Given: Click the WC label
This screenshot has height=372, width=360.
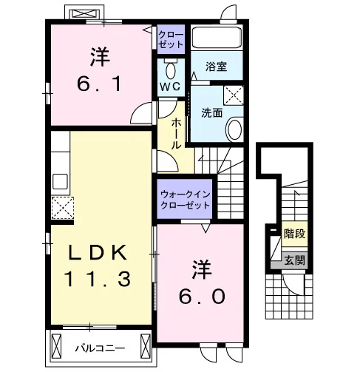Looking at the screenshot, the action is (x=171, y=87).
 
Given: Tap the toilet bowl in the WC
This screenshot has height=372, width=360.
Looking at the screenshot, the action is (x=170, y=70).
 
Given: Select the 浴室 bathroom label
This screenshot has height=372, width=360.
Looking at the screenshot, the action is (x=216, y=67).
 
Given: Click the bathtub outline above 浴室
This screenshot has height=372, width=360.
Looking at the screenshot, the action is (x=217, y=38).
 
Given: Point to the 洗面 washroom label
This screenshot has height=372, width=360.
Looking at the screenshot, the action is (x=212, y=112).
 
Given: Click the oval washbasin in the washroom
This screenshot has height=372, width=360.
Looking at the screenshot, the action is (x=234, y=129).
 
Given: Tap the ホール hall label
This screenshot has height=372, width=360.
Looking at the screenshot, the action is (x=176, y=133).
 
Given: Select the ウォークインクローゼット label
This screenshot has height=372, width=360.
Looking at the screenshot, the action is (x=185, y=200).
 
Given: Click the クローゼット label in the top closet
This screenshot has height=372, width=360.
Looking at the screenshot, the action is (x=171, y=39).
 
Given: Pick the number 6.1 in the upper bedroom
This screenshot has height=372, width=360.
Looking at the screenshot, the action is (x=99, y=84).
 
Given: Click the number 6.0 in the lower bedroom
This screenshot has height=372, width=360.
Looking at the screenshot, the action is (x=202, y=297).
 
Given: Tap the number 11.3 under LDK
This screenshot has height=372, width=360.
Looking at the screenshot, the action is (x=98, y=279).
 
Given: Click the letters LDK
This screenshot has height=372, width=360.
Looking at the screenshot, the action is (x=98, y=252).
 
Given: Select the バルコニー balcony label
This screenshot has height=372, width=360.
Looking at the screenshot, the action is (x=100, y=348).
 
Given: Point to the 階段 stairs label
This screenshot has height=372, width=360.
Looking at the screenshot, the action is (x=295, y=234).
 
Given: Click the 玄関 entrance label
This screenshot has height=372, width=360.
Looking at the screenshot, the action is (x=295, y=260).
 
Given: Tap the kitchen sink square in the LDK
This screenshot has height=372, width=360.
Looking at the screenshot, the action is (x=60, y=181).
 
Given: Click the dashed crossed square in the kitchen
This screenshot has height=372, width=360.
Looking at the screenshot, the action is (x=63, y=208).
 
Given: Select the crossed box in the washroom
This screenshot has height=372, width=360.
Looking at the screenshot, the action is (x=233, y=95).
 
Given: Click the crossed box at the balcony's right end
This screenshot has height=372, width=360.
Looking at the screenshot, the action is (x=146, y=346).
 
